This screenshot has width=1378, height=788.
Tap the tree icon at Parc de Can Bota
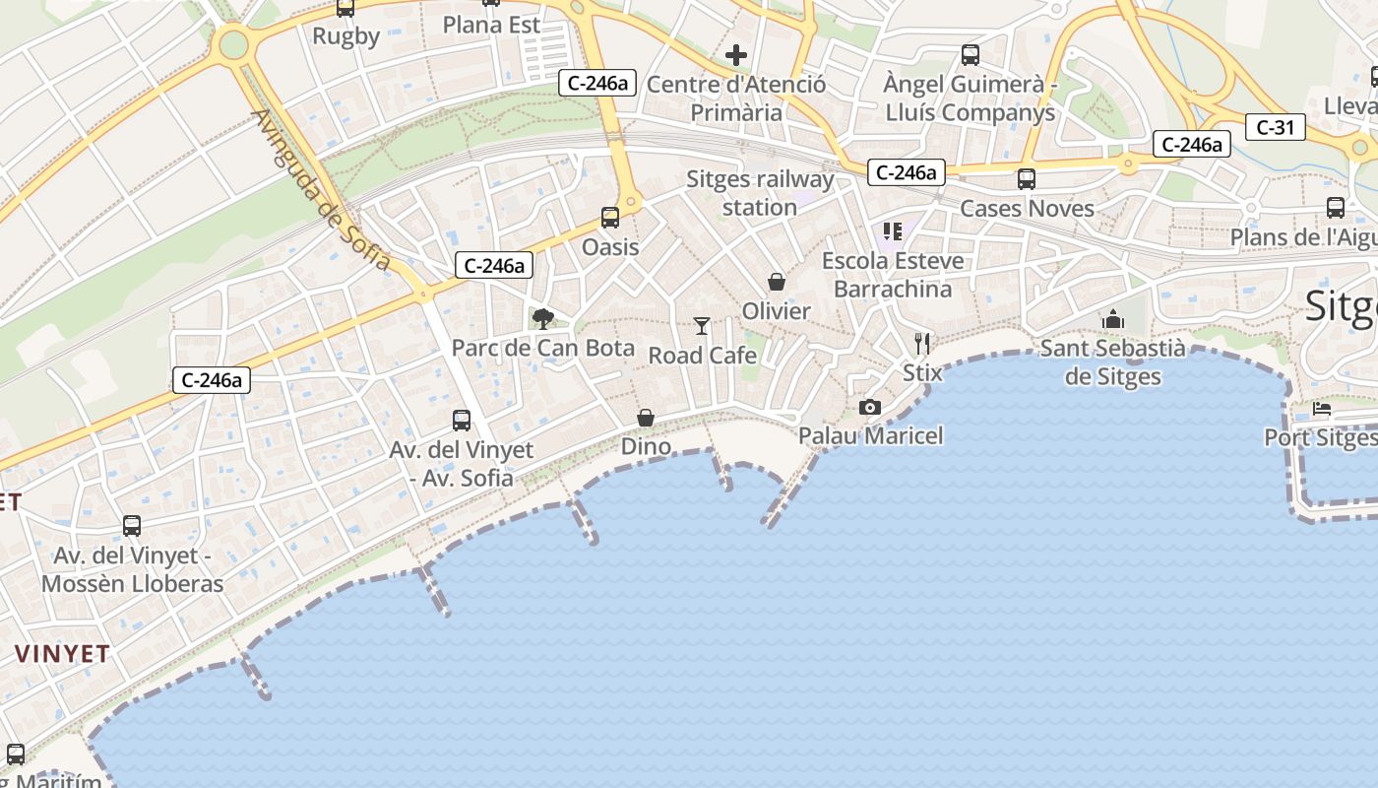542,318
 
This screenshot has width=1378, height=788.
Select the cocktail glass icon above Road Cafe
702,326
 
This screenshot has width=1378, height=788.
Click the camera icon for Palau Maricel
870,407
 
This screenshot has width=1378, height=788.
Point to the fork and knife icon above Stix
922,344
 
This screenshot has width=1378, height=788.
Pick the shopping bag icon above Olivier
777,283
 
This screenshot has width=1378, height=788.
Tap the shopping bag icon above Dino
646,419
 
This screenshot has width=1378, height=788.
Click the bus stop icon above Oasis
610,218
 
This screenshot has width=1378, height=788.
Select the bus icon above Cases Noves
1027,179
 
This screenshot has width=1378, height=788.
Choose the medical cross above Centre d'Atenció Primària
736,55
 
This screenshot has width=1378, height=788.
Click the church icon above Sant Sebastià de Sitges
1113,319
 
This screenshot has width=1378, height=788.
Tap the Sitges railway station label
760,193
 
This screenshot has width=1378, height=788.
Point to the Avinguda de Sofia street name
322,191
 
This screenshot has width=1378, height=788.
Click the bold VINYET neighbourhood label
62,654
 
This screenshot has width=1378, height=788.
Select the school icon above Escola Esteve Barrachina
893,232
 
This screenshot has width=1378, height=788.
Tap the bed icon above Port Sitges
1322,409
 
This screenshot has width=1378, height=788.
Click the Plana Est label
492,25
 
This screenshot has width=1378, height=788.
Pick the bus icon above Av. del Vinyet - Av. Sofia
462,421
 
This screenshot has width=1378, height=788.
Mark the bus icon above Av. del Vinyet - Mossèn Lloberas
132,526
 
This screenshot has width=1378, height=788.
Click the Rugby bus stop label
345,36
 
